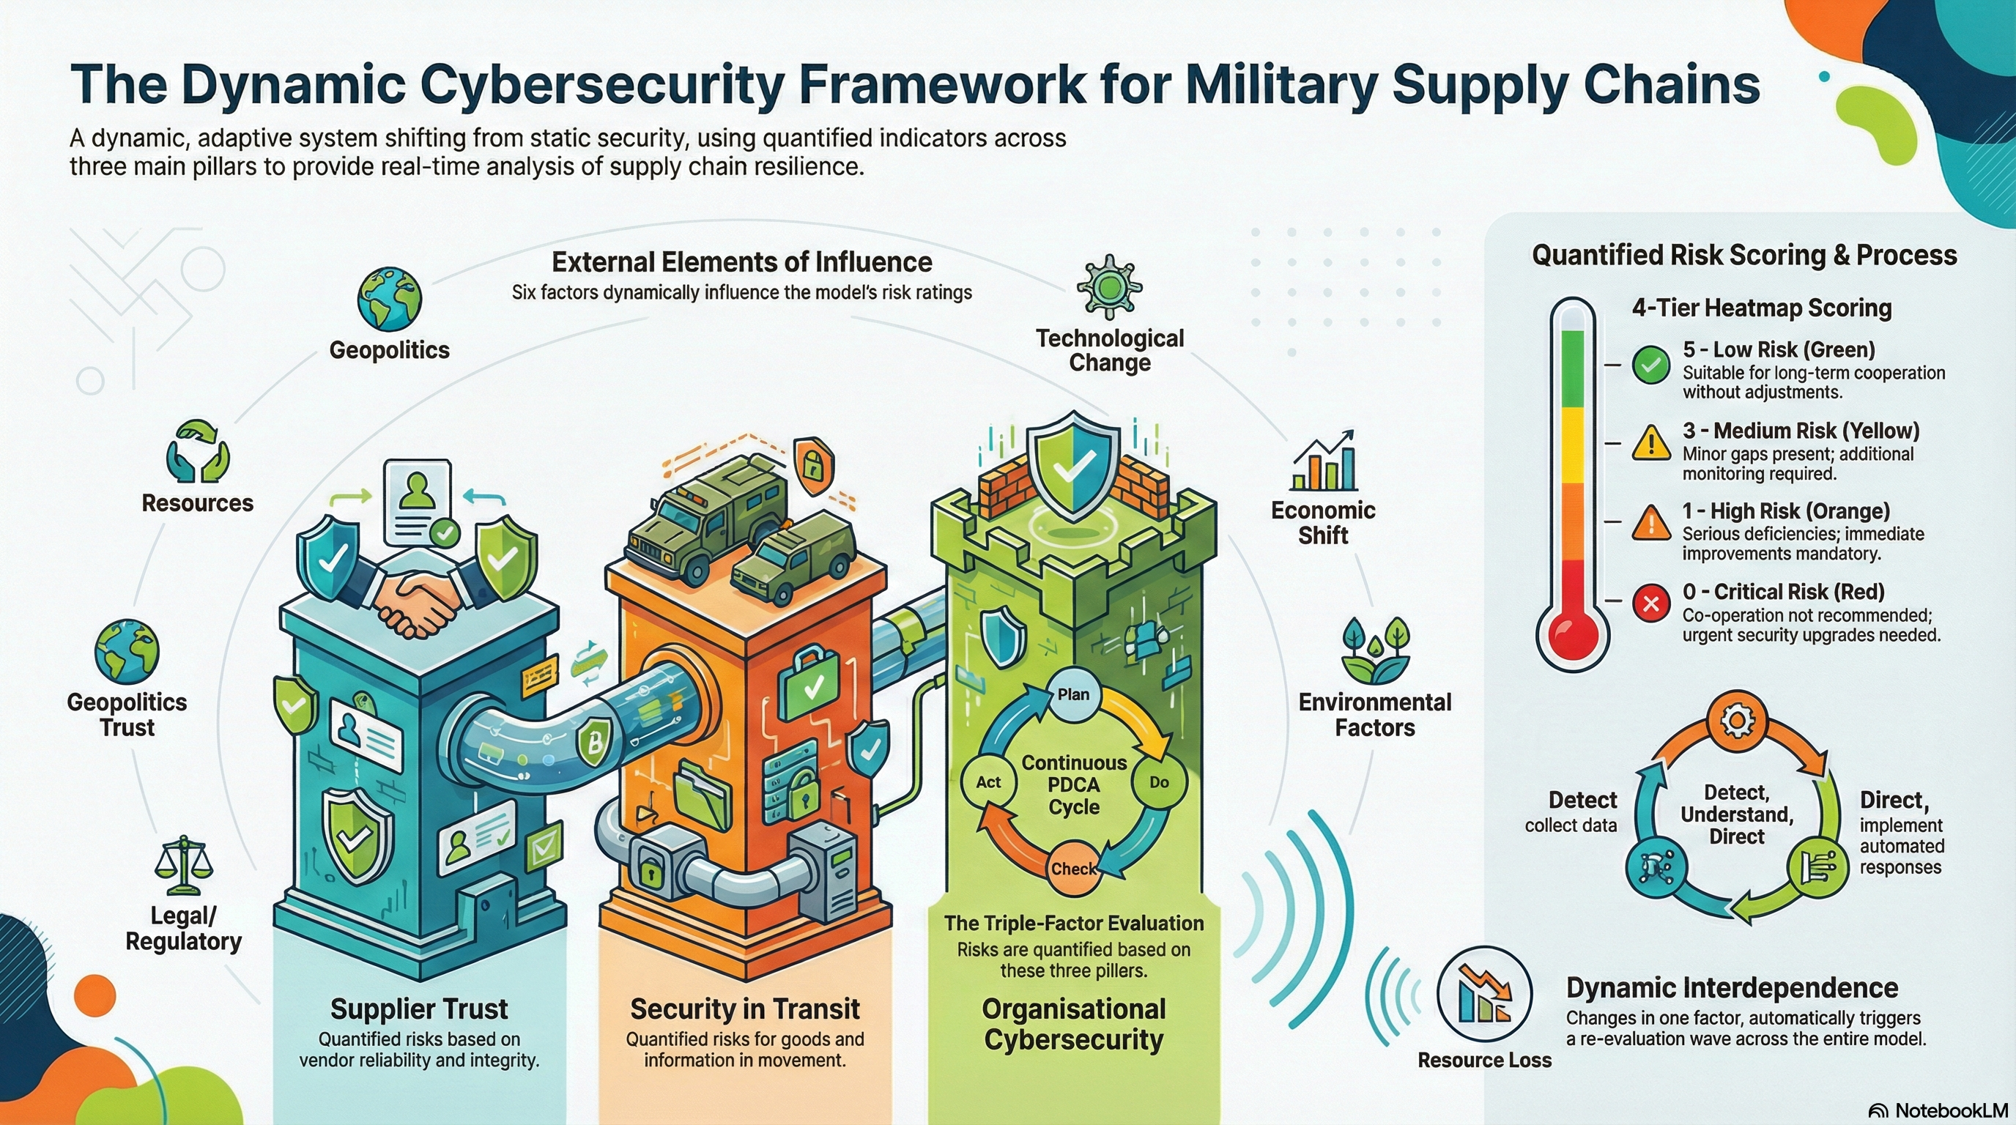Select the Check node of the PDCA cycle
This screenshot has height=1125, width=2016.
point(1073,869)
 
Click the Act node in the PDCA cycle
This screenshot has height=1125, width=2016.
point(988,782)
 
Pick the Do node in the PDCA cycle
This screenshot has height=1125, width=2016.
point(1158,782)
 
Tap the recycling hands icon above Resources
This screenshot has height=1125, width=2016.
point(198,452)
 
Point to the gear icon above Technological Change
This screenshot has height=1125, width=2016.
point(1109,287)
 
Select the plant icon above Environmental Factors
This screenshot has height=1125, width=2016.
point(1375,651)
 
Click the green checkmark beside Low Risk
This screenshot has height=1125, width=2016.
point(1651,365)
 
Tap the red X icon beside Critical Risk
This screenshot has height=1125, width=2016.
point(1651,604)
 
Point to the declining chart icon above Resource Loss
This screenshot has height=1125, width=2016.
point(1485,994)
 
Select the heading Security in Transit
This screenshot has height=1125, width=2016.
point(744,1009)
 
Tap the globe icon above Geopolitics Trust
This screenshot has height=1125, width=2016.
point(127,652)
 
